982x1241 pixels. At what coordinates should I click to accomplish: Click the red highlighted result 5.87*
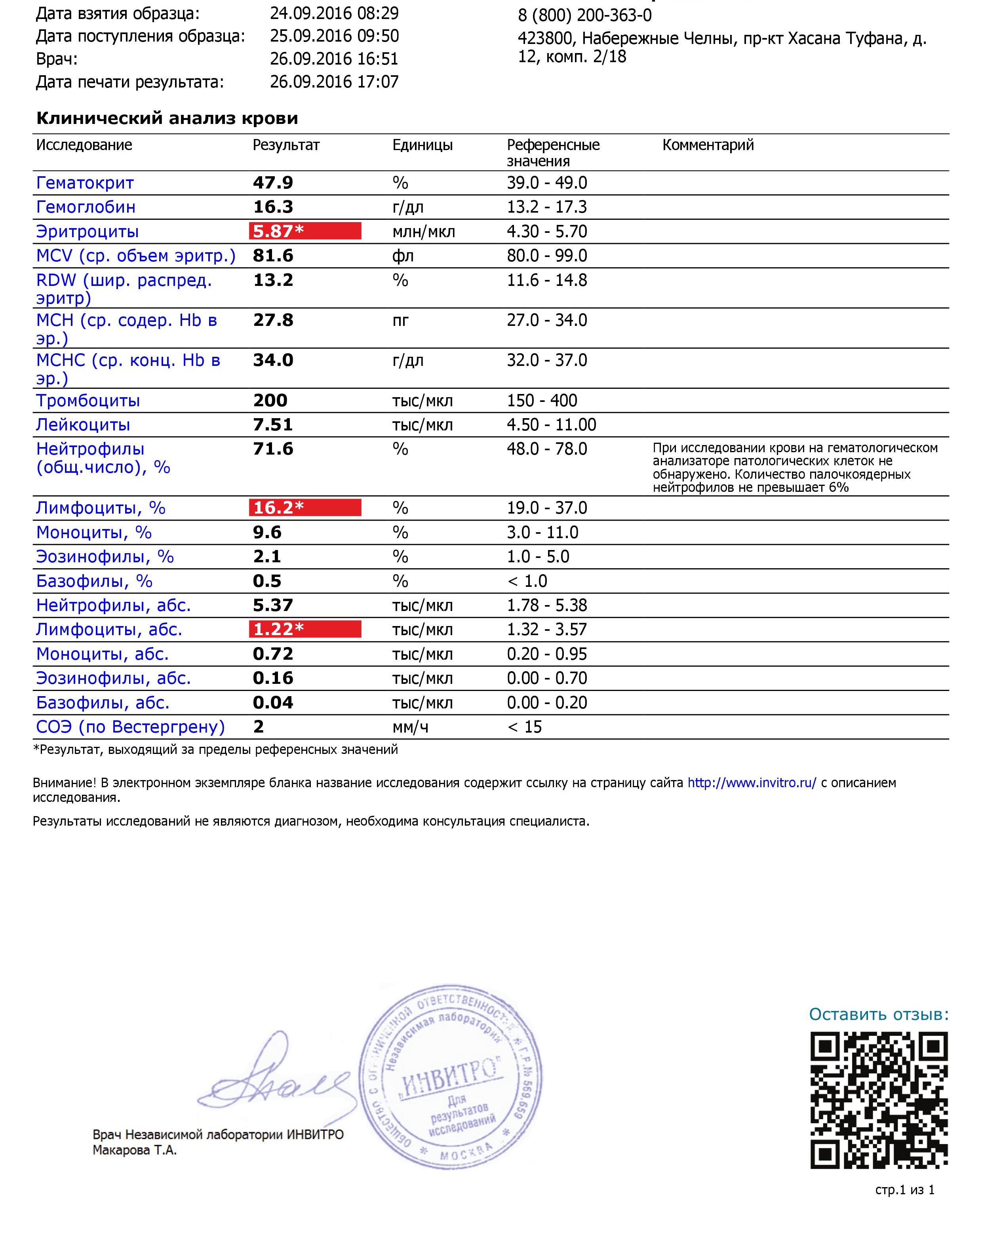[305, 231]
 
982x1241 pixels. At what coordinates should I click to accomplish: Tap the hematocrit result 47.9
[273, 183]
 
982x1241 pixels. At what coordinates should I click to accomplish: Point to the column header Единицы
[422, 145]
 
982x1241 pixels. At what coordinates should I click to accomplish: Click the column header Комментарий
[708, 145]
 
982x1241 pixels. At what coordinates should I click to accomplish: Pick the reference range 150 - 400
[542, 401]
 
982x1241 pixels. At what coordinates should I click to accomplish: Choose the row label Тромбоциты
[88, 401]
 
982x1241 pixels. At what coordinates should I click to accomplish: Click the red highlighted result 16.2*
[305, 508]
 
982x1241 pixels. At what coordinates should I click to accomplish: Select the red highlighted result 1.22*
[305, 629]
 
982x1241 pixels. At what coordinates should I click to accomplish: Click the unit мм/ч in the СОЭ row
[410, 727]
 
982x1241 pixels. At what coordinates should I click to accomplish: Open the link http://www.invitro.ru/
[752, 783]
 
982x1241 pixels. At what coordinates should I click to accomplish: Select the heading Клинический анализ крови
[167, 118]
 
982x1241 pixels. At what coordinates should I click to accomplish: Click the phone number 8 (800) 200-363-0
[585, 15]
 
